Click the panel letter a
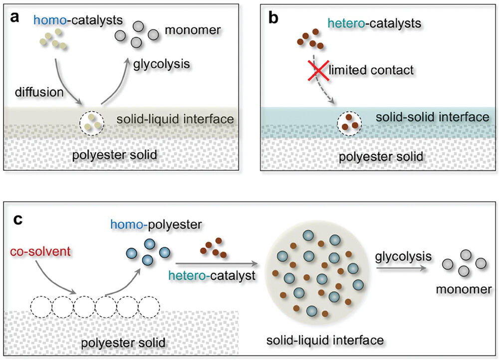[x=14, y=17]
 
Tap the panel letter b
[x=273, y=17]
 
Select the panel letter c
[x=18, y=220]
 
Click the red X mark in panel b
[x=318, y=70]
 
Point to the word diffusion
[x=39, y=92]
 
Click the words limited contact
[x=371, y=70]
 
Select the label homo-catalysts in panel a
[x=78, y=20]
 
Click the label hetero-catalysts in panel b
[x=374, y=23]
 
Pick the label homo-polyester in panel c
[x=156, y=225]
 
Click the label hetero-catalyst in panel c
[x=212, y=276]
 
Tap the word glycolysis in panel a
[x=161, y=64]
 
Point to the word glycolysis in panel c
[x=403, y=257]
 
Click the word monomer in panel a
[x=193, y=30]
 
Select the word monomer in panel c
[x=464, y=289]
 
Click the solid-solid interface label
[x=432, y=117]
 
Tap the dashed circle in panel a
[x=92, y=112]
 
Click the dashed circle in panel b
[x=349, y=112]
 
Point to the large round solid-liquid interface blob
[x=317, y=275]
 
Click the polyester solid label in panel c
[x=123, y=343]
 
